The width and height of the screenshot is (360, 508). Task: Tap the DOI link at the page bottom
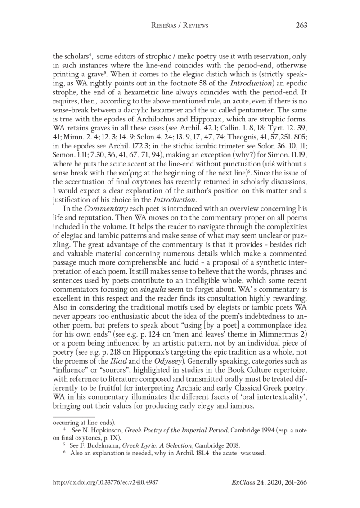coord(104,481)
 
